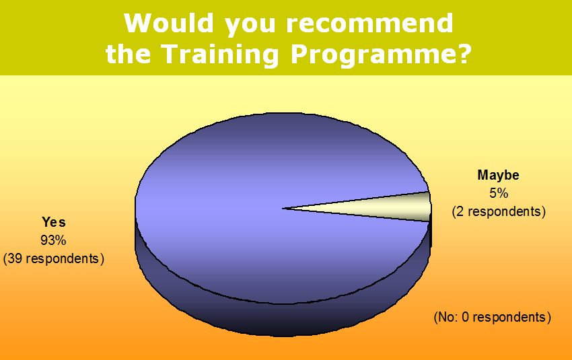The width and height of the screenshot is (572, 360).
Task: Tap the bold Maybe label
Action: pos(498,175)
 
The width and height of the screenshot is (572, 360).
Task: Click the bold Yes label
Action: pos(54,222)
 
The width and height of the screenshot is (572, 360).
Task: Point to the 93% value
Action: pos(53,240)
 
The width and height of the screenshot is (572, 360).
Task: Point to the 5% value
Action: pos(499,193)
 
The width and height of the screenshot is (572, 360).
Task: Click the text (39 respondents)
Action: pos(54,258)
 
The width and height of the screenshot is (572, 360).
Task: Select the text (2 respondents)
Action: pos(499,211)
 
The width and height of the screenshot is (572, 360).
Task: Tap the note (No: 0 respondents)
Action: pos(492,317)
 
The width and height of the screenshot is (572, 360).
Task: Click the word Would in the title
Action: pos(168,24)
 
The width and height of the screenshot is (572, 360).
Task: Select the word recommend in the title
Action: pos(369,24)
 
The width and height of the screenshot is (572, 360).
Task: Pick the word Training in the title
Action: pos(219,55)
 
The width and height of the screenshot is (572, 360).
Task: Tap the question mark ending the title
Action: pos(464,54)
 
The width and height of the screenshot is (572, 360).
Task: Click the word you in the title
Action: pos(250,26)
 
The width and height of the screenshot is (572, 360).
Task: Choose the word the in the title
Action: pos(128,54)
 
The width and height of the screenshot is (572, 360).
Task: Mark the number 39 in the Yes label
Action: pos(15,258)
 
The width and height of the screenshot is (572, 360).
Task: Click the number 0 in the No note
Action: pos(465,317)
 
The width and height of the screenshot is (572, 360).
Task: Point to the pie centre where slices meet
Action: pos(283,209)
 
